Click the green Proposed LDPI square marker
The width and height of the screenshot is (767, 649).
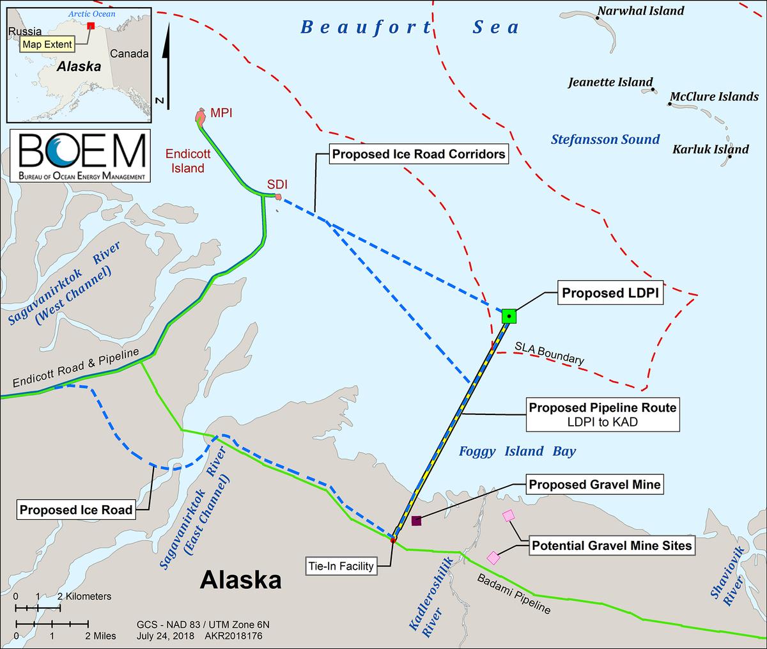coord(509,315)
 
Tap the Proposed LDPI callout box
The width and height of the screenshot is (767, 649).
coord(610,293)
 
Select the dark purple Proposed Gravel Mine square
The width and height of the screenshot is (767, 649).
coord(417,520)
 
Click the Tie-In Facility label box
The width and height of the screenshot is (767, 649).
coord(341,567)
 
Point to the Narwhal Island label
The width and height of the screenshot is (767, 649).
coord(640,11)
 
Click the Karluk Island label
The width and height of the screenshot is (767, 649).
coord(710,150)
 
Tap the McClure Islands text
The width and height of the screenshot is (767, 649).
coord(714,97)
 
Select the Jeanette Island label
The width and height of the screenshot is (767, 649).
coord(610,82)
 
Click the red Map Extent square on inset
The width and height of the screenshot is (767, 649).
coord(91,26)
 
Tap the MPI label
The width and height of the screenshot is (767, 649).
coord(221,113)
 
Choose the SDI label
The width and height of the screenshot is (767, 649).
coord(277,184)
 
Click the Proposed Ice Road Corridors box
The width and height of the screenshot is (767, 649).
coord(419,154)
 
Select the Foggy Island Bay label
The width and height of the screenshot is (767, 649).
coord(518,451)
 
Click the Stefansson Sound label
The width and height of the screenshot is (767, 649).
coord(605,139)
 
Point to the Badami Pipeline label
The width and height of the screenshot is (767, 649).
coord(514,593)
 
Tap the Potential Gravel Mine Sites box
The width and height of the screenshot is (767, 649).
coord(612,545)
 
